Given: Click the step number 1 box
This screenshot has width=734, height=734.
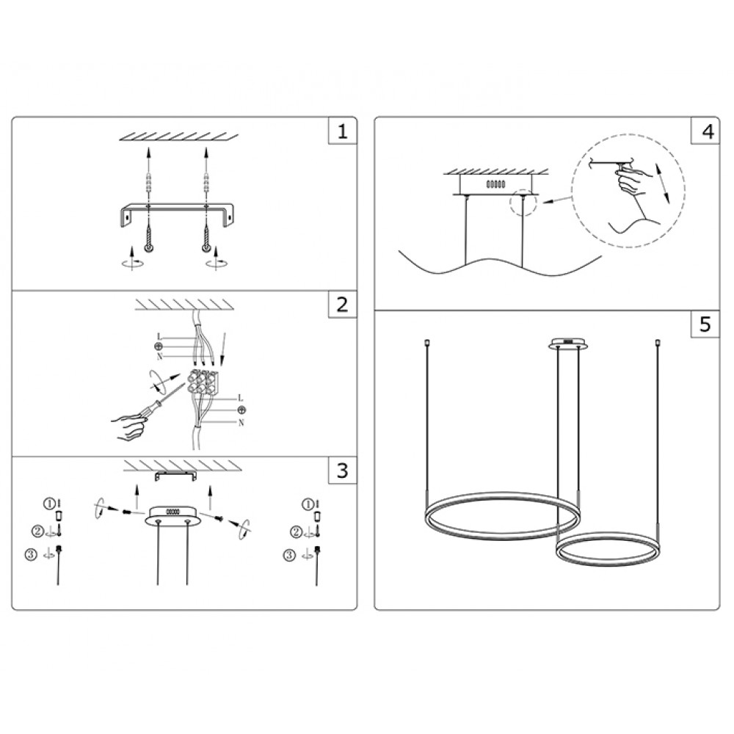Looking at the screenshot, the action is click(343, 131).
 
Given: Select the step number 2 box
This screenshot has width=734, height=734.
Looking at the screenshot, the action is click(343, 305).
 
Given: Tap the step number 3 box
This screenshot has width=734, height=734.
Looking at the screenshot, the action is click(343, 470).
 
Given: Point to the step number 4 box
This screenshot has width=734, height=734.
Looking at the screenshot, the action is click(705, 131).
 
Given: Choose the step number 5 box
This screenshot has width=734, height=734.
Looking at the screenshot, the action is click(705, 324).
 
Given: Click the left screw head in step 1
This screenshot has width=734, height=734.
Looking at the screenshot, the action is click(149, 247).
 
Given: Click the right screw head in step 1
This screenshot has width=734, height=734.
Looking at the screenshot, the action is click(206, 247).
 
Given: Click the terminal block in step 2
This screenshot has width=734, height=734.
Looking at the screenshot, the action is click(203, 381).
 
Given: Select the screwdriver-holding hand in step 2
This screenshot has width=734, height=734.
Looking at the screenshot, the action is click(128, 426).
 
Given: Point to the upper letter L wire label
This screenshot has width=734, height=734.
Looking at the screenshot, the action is click(159, 337).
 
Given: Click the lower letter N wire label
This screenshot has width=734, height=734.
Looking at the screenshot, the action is click(241, 423).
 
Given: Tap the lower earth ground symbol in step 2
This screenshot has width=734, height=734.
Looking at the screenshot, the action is click(241, 410).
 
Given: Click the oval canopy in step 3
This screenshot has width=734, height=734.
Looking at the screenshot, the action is click(173, 515).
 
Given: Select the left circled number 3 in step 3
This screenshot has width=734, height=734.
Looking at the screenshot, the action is click(31, 555).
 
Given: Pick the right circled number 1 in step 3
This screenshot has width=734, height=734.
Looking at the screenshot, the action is click(308, 504).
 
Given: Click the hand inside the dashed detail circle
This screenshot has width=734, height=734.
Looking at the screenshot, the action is click(633, 181).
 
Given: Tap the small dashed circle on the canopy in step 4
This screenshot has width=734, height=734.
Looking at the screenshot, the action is click(523, 203).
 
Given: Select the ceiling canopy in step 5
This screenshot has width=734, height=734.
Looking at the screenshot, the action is click(568, 344).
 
